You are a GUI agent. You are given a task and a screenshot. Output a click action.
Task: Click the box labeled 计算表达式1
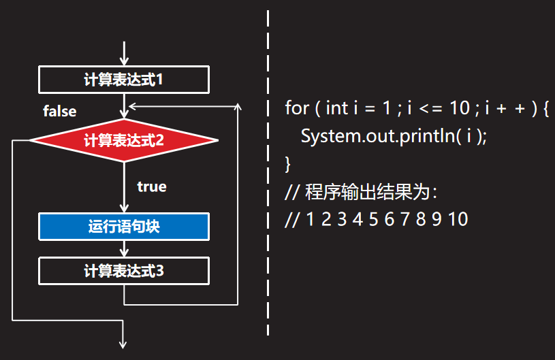pos(123,80)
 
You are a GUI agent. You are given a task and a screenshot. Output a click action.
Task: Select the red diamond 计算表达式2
pos(123,141)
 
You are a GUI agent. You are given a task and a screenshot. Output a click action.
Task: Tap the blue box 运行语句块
pos(123,227)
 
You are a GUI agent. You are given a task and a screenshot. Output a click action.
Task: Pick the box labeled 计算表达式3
pos(123,271)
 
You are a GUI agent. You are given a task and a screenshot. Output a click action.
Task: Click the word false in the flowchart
pos(60,111)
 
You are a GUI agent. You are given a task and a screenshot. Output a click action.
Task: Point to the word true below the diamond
pos(151,186)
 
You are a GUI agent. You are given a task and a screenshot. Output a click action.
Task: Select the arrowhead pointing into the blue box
pos(124,208)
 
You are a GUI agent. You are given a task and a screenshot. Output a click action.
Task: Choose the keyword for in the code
pos(296,108)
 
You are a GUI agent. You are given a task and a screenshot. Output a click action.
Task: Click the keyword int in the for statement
pos(338,108)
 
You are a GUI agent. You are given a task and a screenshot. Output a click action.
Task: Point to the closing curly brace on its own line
pos(288,164)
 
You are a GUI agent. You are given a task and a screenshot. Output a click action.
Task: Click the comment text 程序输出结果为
pos(368,192)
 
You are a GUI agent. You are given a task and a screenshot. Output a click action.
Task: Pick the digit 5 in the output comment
pos(372,220)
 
